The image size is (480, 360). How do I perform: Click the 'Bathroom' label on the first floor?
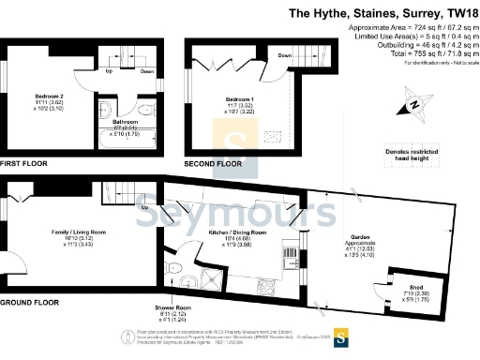pos(126,122)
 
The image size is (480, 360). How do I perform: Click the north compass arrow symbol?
pos(413,105)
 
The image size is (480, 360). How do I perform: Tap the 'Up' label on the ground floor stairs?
pos(143,207)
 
